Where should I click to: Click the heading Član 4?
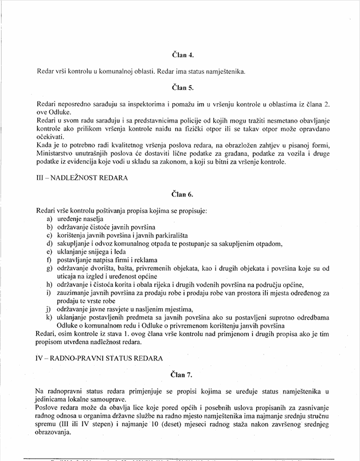183,56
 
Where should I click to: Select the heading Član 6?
183,195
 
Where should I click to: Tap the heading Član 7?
183,376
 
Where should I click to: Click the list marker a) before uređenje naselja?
49,219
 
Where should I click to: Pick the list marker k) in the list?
49,317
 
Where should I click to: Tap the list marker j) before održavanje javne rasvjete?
49,309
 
